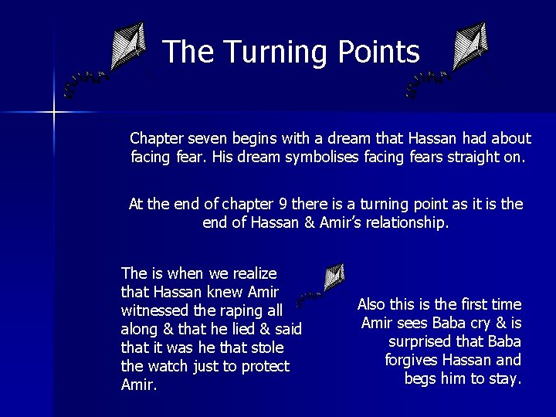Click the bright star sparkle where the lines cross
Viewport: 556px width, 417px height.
point(53,113)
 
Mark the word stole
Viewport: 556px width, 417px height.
point(266,347)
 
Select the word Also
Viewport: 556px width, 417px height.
point(373,304)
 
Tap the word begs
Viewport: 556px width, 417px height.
point(421,378)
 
